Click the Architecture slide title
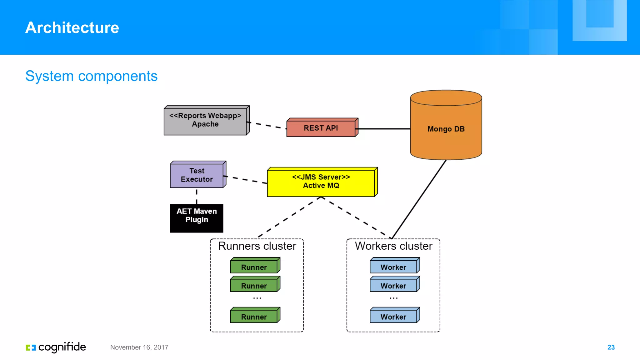(72, 27)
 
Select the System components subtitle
(91, 76)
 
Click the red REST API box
(321, 128)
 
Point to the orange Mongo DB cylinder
(446, 129)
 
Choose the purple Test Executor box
(197, 175)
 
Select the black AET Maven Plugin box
(197, 218)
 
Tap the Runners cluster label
(257, 246)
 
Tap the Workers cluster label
(393, 246)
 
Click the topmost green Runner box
(254, 267)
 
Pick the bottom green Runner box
(254, 316)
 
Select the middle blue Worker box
(393, 285)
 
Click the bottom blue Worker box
(393, 316)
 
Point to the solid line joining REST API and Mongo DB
(384, 129)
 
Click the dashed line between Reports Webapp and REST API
(267, 125)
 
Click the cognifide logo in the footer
(56, 347)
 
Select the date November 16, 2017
(139, 347)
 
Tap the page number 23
(611, 347)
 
